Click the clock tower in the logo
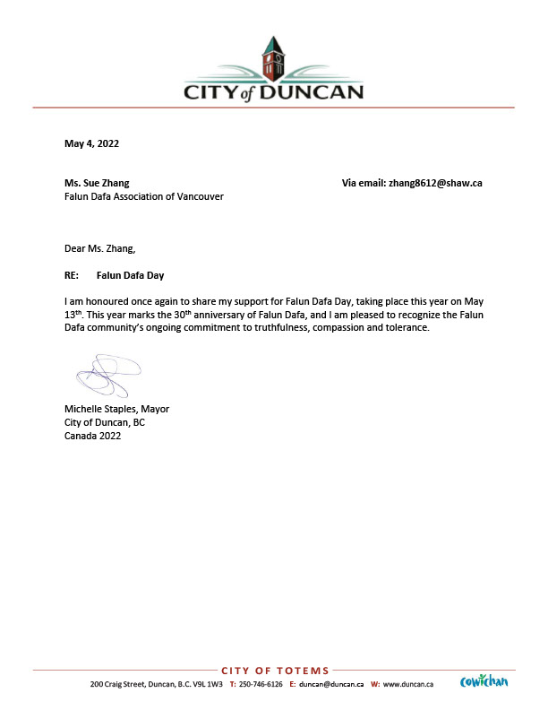click(x=273, y=58)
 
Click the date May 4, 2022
click(x=91, y=143)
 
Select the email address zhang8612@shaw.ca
click(x=434, y=183)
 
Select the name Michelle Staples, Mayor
click(x=116, y=409)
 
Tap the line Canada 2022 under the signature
click(x=92, y=436)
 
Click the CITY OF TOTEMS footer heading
click(x=274, y=671)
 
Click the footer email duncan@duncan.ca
click(x=330, y=684)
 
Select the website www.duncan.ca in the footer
click(x=408, y=684)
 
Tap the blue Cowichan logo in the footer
click(x=484, y=682)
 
